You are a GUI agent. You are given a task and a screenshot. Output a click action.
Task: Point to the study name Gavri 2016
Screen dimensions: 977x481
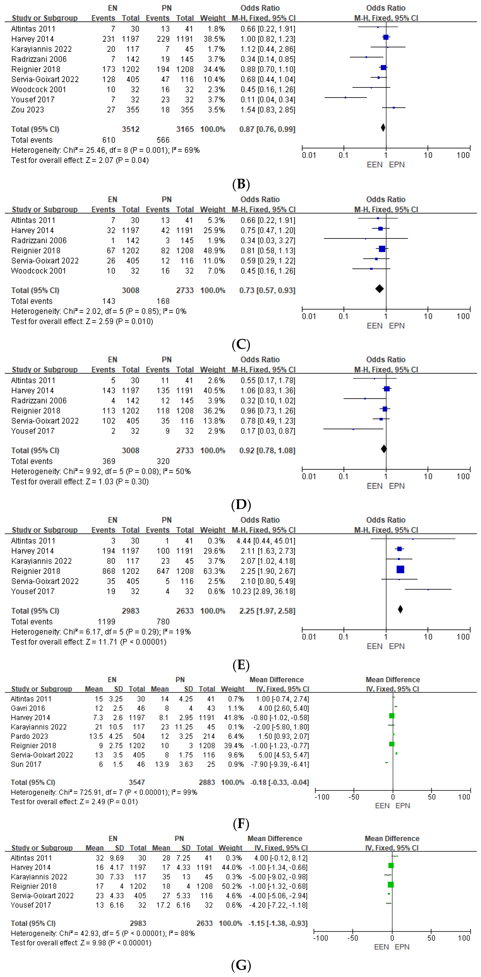point(28,708)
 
